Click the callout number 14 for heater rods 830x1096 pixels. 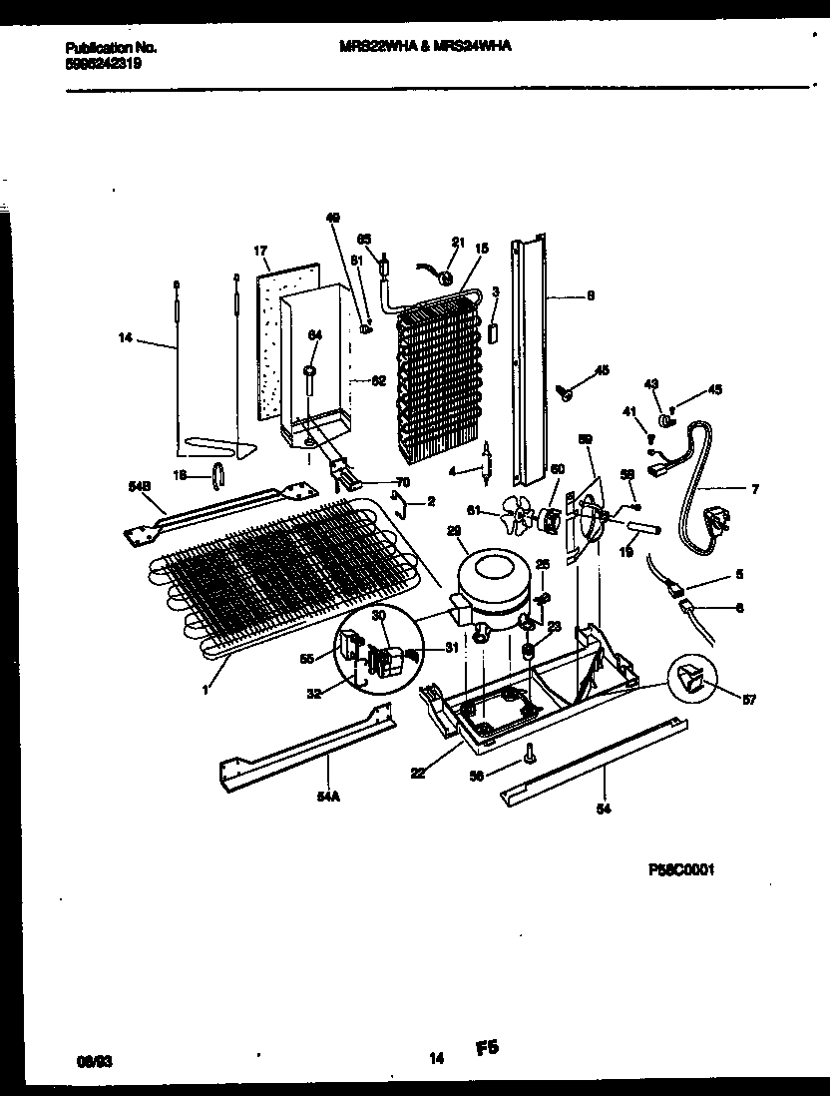coord(124,339)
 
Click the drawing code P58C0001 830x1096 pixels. coord(680,869)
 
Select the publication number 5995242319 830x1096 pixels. coord(103,63)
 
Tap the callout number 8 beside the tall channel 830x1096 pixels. coord(591,294)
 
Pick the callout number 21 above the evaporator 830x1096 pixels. coord(458,242)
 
